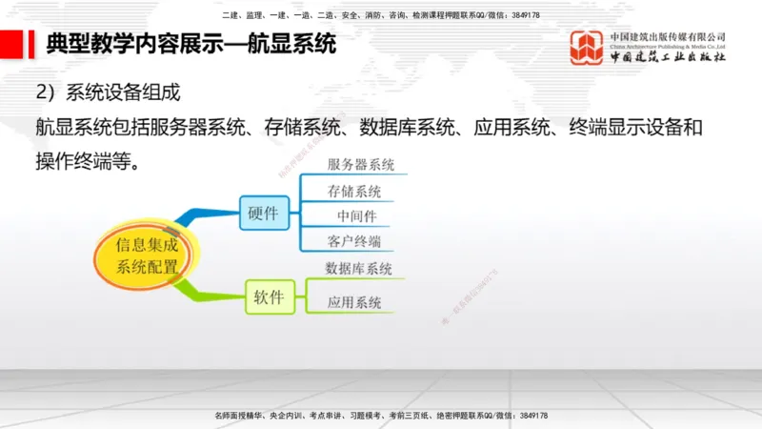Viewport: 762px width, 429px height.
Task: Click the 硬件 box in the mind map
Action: pyautogui.click(x=263, y=214)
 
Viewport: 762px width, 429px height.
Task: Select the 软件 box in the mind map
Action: pyautogui.click(x=269, y=297)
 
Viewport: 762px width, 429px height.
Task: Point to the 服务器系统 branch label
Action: pyautogui.click(x=361, y=165)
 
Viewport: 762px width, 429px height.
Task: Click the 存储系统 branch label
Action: pyautogui.click(x=354, y=191)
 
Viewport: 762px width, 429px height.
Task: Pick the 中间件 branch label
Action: pyautogui.click(x=357, y=215)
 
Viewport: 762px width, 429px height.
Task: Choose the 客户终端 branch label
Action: pyautogui.click(x=354, y=240)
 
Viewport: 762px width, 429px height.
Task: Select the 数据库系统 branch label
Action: pyautogui.click(x=359, y=269)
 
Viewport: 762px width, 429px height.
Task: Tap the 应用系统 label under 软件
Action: pyautogui.click(x=354, y=303)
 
